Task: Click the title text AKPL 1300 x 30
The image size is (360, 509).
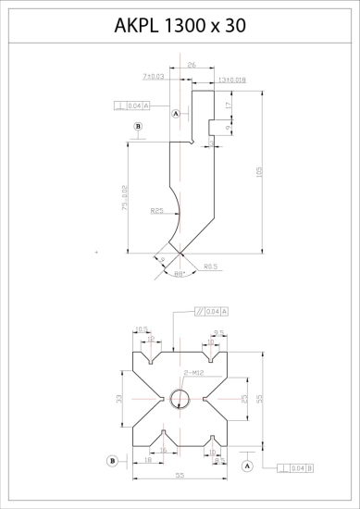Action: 180,27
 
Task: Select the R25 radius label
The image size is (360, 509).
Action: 157,212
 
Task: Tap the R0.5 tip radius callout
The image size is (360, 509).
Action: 210,266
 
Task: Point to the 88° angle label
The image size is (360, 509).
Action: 180,274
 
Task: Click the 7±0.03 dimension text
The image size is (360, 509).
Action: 154,76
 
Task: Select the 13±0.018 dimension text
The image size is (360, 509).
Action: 231,81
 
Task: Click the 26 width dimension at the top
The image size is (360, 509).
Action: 191,66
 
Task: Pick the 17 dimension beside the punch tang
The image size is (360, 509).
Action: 228,105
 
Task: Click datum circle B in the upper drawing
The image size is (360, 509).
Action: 138,126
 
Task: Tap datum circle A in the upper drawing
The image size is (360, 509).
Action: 176,112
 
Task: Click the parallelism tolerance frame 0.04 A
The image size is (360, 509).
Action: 212,311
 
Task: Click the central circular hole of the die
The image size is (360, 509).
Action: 179,398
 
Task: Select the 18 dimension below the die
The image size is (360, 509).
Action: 148,459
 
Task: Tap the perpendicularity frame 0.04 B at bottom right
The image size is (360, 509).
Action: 292,468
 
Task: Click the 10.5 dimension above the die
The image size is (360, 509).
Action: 142,329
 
